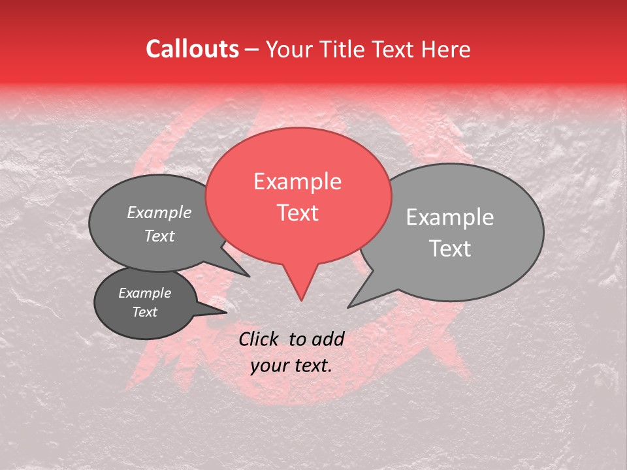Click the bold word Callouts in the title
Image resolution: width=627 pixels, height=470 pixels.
[x=192, y=49]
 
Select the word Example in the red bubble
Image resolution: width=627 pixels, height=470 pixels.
[x=297, y=181]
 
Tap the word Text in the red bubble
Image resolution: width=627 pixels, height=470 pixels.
[x=298, y=213]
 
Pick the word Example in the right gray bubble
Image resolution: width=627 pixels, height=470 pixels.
[x=450, y=217]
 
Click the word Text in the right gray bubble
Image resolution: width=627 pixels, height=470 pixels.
[x=450, y=249]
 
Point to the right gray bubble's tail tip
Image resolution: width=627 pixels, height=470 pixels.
[x=349, y=307]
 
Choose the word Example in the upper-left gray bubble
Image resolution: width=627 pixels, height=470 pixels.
[x=159, y=213]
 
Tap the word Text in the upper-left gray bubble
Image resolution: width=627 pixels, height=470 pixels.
[x=159, y=236]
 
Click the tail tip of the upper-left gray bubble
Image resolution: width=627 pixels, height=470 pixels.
[x=249, y=276]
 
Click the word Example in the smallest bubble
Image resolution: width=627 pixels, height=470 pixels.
[x=145, y=293]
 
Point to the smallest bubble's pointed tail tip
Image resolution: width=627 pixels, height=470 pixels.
[x=226, y=312]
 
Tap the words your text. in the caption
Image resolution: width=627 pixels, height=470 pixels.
[x=291, y=366]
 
